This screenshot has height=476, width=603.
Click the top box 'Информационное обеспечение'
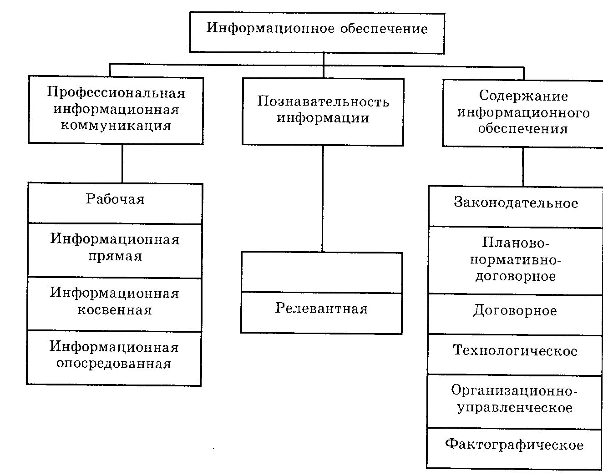[317, 32]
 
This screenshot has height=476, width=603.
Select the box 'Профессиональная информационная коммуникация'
[116, 110]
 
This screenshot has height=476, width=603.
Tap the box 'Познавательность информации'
[323, 111]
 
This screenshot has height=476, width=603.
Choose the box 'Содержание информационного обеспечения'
[523, 112]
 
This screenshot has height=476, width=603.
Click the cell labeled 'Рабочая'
[115, 203]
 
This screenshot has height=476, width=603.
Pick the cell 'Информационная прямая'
[115, 250]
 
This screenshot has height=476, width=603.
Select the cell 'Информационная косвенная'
[114, 304]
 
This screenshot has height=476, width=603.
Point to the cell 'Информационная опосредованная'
[114, 357]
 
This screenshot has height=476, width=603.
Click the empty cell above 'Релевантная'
[322, 272]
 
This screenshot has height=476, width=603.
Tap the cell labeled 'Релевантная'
[321, 313]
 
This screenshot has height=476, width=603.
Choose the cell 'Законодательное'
[516, 206]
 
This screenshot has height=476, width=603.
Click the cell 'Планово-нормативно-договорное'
[515, 260]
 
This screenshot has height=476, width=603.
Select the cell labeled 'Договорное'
[515, 314]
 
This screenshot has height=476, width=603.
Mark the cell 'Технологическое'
[515, 354]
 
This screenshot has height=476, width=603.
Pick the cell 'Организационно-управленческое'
[514, 400]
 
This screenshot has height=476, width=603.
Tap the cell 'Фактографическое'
[514, 448]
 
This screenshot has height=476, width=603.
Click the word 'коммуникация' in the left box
[116, 126]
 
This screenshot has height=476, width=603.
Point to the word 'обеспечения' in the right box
[523, 129]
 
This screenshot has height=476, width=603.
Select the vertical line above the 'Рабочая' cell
[122, 163]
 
